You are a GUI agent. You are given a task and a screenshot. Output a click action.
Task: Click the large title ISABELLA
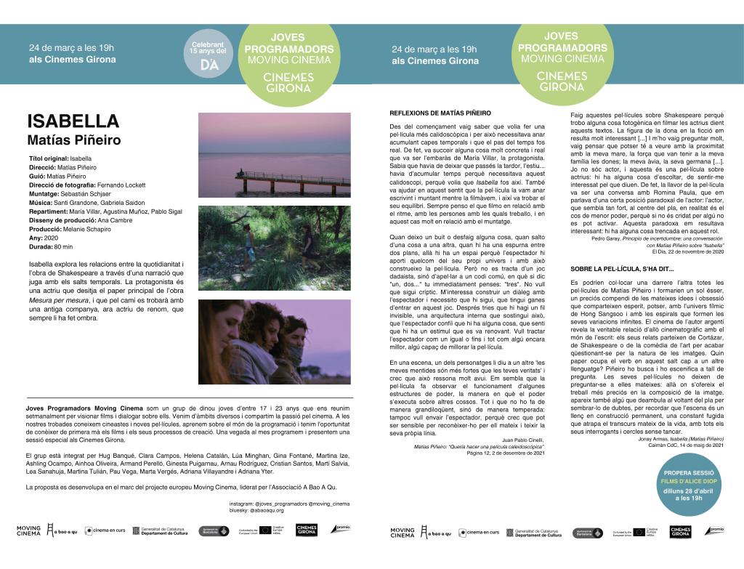(x=73, y=121)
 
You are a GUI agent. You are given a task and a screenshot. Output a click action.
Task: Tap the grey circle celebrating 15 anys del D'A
(x=208, y=53)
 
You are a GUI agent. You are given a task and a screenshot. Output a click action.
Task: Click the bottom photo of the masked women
(x=274, y=342)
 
